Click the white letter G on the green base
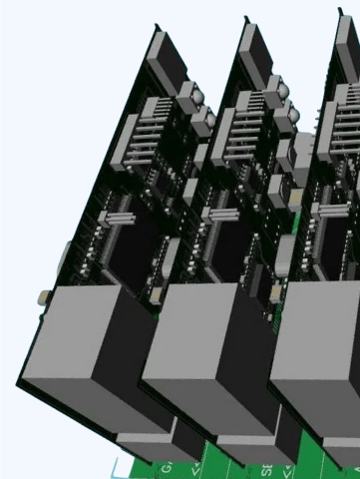(167, 467)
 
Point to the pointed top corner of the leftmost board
(157, 27)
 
